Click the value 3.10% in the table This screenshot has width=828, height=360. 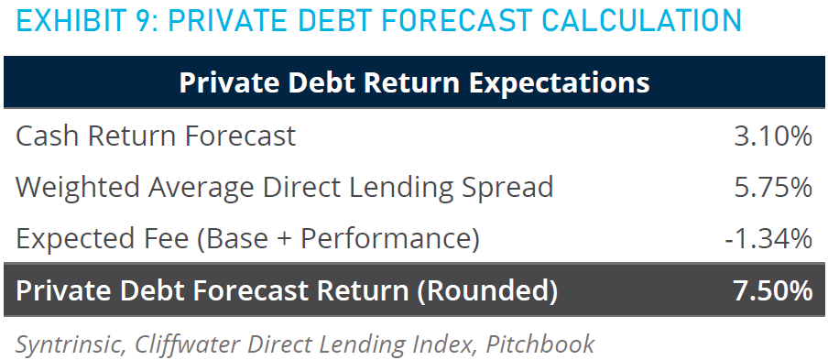pos(772,136)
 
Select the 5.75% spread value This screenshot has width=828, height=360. pos(772,188)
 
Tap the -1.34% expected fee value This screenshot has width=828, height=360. pos(768,238)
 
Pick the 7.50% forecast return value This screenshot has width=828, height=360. pos(772,291)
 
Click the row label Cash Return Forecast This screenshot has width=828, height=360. pos(156,136)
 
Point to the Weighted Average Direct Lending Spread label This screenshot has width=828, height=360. pos(284,188)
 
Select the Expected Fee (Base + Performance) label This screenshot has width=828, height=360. pos(247,239)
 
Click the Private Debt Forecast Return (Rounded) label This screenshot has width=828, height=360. pos(286,291)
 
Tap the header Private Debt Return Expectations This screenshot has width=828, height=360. pos(414,83)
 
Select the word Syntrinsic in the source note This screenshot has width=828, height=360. pos(70,344)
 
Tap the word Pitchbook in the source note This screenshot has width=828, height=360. pos(540,344)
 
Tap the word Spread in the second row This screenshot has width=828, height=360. pos(507,189)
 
